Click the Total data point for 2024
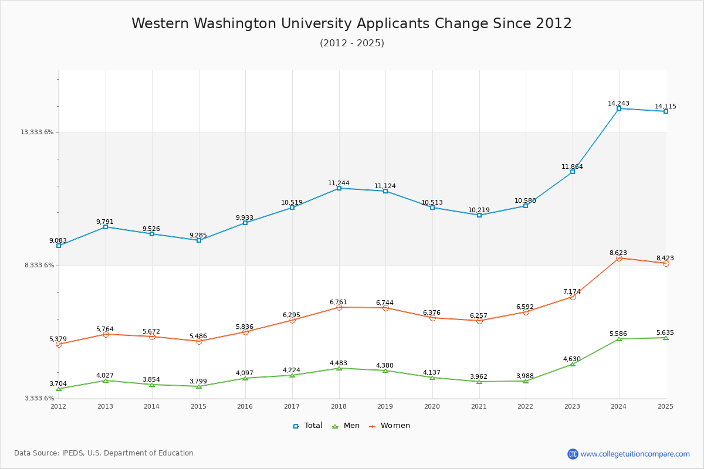pyautogui.click(x=619, y=108)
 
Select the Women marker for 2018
pyautogui.click(x=339, y=307)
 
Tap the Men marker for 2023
pyautogui.click(x=573, y=364)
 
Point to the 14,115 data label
pyautogui.click(x=665, y=107)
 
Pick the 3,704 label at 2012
pyautogui.click(x=58, y=384)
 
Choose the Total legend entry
pyautogui.click(x=308, y=426)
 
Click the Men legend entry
pyautogui.click(x=346, y=426)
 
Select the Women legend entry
pyautogui.click(x=390, y=426)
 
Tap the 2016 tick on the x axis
pyautogui.click(x=245, y=406)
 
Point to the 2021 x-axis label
pyautogui.click(x=479, y=406)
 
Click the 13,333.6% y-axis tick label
pyautogui.click(x=37, y=132)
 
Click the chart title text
pyautogui.click(x=351, y=23)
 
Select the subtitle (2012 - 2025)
pyautogui.click(x=351, y=43)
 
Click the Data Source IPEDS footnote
pyautogui.click(x=104, y=453)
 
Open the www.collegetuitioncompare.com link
pyautogui.click(x=635, y=454)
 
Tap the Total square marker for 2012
pyautogui.click(x=59, y=246)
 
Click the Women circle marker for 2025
pyautogui.click(x=666, y=263)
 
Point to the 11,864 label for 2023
pyautogui.click(x=572, y=167)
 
